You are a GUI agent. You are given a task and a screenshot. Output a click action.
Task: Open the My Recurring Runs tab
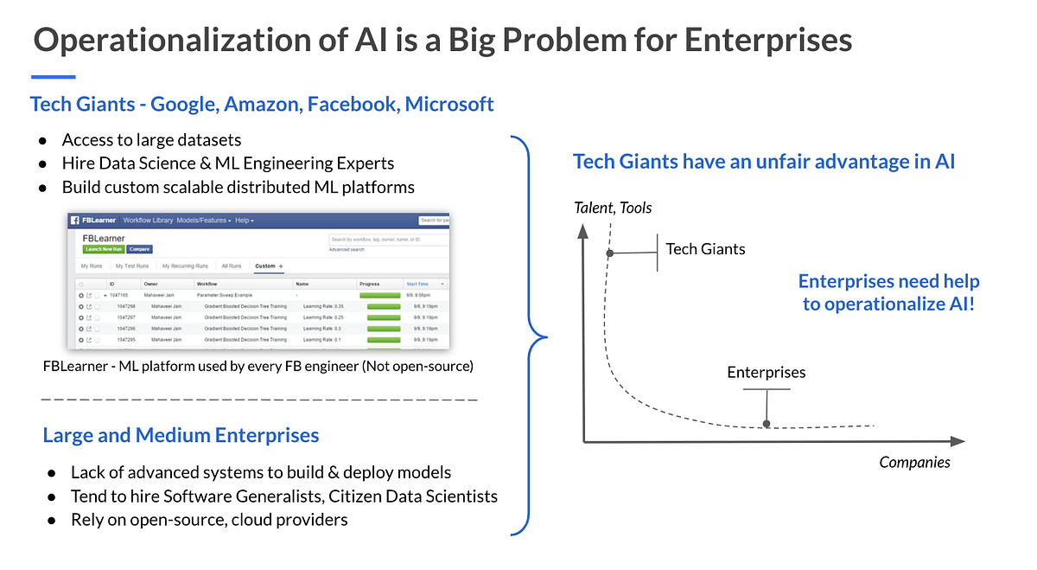[x=185, y=266]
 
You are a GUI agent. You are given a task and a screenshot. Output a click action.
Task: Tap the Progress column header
[x=370, y=284]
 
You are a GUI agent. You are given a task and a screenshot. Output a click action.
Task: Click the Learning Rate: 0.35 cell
[x=323, y=306]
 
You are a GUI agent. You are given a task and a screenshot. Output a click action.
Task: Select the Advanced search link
[x=346, y=249]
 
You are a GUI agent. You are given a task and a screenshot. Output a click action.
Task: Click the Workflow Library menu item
[x=148, y=221]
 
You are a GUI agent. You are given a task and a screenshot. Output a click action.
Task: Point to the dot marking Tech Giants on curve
[x=610, y=253]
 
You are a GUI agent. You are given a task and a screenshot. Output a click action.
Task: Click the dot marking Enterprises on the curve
[x=767, y=424]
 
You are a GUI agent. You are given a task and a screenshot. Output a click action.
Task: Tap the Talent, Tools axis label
[x=613, y=208]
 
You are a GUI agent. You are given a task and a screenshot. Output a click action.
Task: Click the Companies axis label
[x=914, y=462]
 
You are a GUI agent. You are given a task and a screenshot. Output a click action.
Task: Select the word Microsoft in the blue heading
[x=449, y=105]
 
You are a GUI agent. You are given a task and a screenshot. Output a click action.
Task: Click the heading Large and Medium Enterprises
[x=181, y=435]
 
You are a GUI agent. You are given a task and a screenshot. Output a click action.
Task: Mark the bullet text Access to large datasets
[x=151, y=140]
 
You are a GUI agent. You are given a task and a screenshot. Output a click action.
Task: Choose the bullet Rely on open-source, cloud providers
[x=209, y=520]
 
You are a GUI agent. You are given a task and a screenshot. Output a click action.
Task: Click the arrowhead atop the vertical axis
[x=585, y=230]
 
